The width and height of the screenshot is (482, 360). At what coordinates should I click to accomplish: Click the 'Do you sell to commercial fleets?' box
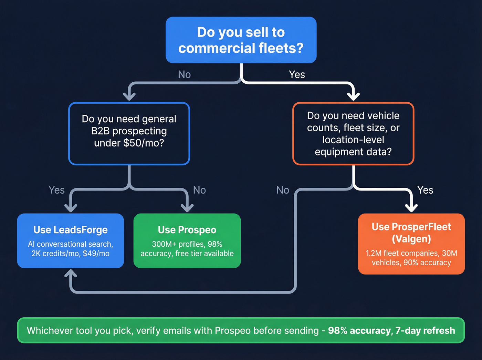[x=241, y=40]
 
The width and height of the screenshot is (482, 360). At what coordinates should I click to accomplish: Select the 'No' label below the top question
[x=184, y=74]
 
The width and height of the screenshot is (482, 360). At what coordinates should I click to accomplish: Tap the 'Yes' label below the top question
[x=297, y=74]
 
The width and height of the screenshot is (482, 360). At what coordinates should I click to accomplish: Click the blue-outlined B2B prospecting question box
[x=129, y=133]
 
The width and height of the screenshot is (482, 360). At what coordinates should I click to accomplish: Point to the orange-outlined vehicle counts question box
[x=353, y=133]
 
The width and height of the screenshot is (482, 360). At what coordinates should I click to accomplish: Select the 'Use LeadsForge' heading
[x=71, y=230]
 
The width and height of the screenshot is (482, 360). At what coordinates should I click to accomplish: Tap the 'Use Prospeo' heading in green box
[x=187, y=230]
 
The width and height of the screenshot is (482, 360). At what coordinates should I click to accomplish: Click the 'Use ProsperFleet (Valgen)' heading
[x=411, y=233]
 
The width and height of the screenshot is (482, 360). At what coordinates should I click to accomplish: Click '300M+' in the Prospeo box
[x=164, y=244]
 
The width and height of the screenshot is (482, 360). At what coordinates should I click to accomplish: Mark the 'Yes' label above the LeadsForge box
[x=56, y=190]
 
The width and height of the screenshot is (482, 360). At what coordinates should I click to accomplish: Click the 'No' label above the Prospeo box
[x=199, y=190]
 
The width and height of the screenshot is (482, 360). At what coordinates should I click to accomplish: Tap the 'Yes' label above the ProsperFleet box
[x=425, y=190]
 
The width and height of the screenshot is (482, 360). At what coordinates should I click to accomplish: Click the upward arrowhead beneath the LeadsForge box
[x=71, y=274]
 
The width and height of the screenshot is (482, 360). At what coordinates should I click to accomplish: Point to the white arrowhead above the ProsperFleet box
[x=411, y=207]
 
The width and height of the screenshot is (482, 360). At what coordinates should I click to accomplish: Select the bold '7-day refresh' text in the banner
[x=425, y=330]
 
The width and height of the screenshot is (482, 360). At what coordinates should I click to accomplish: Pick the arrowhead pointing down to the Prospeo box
[x=187, y=207]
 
